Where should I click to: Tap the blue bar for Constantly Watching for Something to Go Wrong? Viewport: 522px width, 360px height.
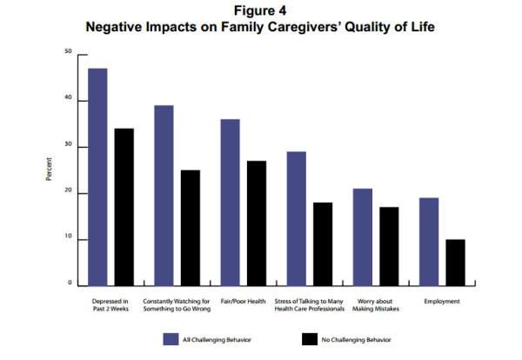[x=164, y=196]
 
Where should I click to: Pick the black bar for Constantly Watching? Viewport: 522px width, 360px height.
[x=190, y=228]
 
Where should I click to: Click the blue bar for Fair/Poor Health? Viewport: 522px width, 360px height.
[x=230, y=203]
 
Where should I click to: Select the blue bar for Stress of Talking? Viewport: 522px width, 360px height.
[x=296, y=218]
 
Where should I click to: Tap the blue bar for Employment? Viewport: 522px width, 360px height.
[x=429, y=242]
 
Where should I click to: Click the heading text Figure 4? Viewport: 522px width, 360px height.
[x=261, y=10]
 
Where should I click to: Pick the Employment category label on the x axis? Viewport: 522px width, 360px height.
[x=441, y=301]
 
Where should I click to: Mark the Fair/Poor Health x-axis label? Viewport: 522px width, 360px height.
[x=243, y=301]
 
